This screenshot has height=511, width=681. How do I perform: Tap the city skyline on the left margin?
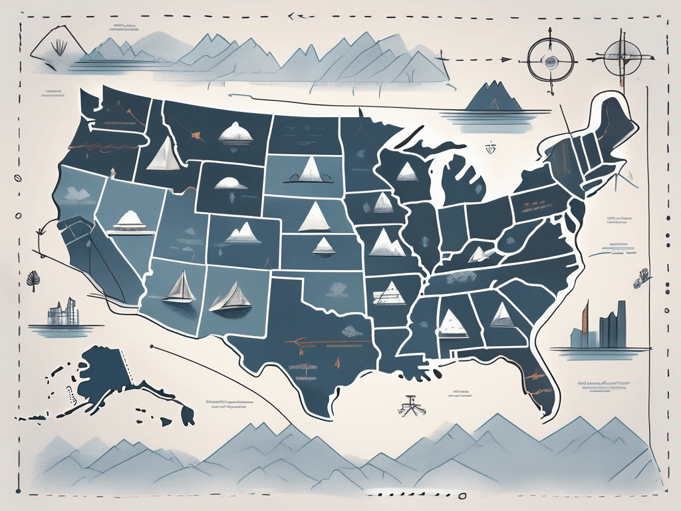(63, 312)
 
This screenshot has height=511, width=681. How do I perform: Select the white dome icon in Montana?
(235, 132)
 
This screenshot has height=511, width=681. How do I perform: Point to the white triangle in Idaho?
(162, 156)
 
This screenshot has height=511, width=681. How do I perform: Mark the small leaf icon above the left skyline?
(32, 277)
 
